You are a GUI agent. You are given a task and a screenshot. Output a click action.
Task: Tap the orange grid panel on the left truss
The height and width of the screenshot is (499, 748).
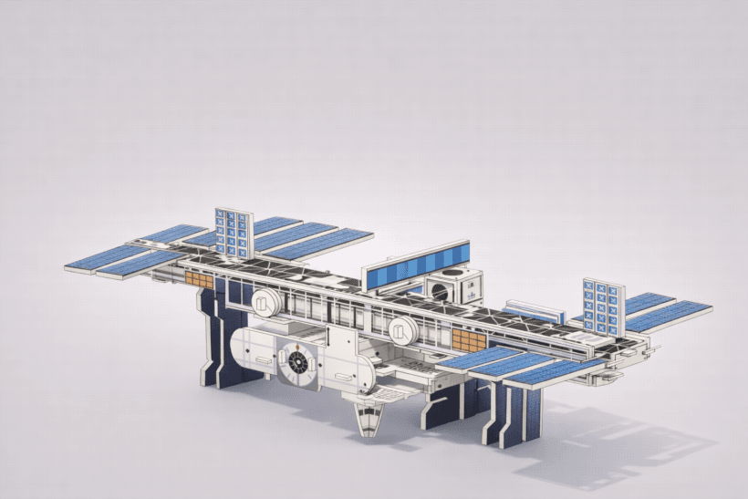[x=198, y=279]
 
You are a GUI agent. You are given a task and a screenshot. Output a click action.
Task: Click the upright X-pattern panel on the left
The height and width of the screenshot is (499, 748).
[x=232, y=233]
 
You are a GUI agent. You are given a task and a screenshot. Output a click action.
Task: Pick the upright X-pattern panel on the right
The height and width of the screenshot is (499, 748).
[x=603, y=306]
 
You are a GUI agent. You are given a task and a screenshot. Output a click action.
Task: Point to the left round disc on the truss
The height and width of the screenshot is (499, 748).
[x=262, y=302]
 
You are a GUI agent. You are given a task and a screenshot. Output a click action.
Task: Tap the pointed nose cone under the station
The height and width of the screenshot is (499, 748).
[x=369, y=421]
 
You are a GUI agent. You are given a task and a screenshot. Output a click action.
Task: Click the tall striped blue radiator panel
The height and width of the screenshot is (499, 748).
[x=415, y=263]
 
